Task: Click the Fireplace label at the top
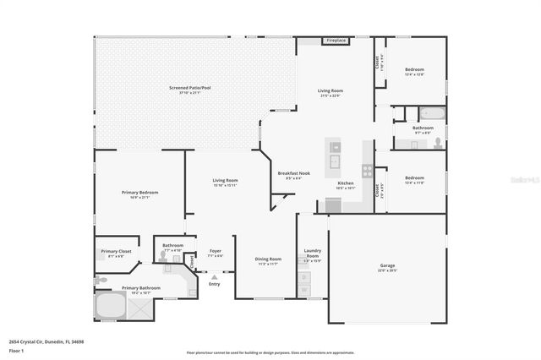coord(336,41)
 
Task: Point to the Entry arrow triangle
coord(213,275)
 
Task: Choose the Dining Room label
coord(268,261)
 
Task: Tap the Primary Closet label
coord(117,253)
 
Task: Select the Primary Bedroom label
coord(139,194)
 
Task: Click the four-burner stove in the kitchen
coord(368,170)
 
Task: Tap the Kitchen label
coord(346,185)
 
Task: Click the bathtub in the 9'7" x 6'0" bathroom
coord(432,114)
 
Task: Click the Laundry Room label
coord(312,252)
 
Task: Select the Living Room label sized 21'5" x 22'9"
coord(330,92)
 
